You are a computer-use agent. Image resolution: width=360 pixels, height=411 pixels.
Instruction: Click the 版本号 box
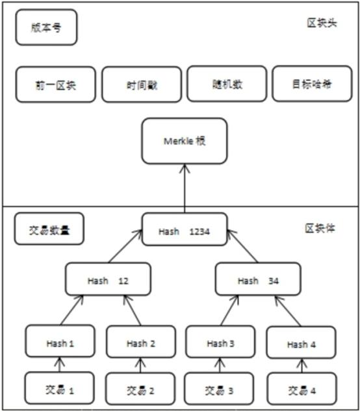click(x=46, y=27)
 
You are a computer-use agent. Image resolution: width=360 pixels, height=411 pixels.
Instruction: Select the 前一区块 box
click(x=56, y=84)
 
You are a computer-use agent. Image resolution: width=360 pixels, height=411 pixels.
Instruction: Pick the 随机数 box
click(x=226, y=84)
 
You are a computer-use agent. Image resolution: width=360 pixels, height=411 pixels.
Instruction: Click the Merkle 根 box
click(x=185, y=140)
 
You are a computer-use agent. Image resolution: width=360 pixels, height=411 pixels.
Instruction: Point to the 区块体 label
click(x=320, y=229)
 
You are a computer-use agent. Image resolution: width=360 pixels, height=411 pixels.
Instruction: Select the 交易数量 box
click(x=49, y=229)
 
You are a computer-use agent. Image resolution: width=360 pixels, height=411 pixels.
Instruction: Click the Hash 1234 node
click(x=185, y=230)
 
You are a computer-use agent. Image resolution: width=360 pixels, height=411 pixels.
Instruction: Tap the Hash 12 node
click(x=108, y=280)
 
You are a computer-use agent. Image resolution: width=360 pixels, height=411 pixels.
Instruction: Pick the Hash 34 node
click(x=258, y=280)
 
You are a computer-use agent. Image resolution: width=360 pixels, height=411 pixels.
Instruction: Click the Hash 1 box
click(x=60, y=342)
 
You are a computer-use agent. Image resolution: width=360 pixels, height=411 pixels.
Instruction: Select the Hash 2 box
click(x=141, y=342)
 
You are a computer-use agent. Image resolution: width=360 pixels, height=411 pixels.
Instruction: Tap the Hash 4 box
click(x=301, y=343)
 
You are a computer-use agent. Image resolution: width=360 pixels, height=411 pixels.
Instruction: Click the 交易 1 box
click(x=60, y=390)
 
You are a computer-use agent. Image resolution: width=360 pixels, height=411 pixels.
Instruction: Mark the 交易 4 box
click(x=301, y=390)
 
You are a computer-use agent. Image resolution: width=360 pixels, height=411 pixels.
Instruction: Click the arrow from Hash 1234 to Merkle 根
click(x=185, y=188)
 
